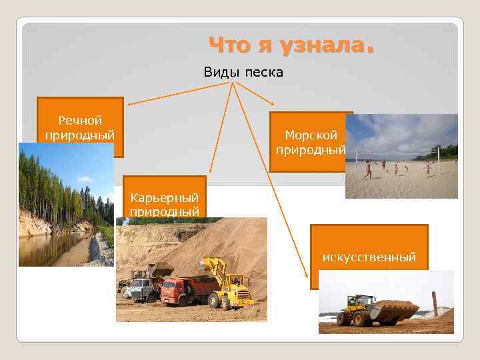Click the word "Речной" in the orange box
(x=80, y=121)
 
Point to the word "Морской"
(x=311, y=135)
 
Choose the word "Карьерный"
(x=165, y=198)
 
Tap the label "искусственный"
(x=369, y=257)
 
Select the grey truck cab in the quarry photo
(x=142, y=289)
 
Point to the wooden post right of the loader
(x=434, y=303)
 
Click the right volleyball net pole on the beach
(x=438, y=160)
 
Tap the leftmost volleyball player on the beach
(x=367, y=170)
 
